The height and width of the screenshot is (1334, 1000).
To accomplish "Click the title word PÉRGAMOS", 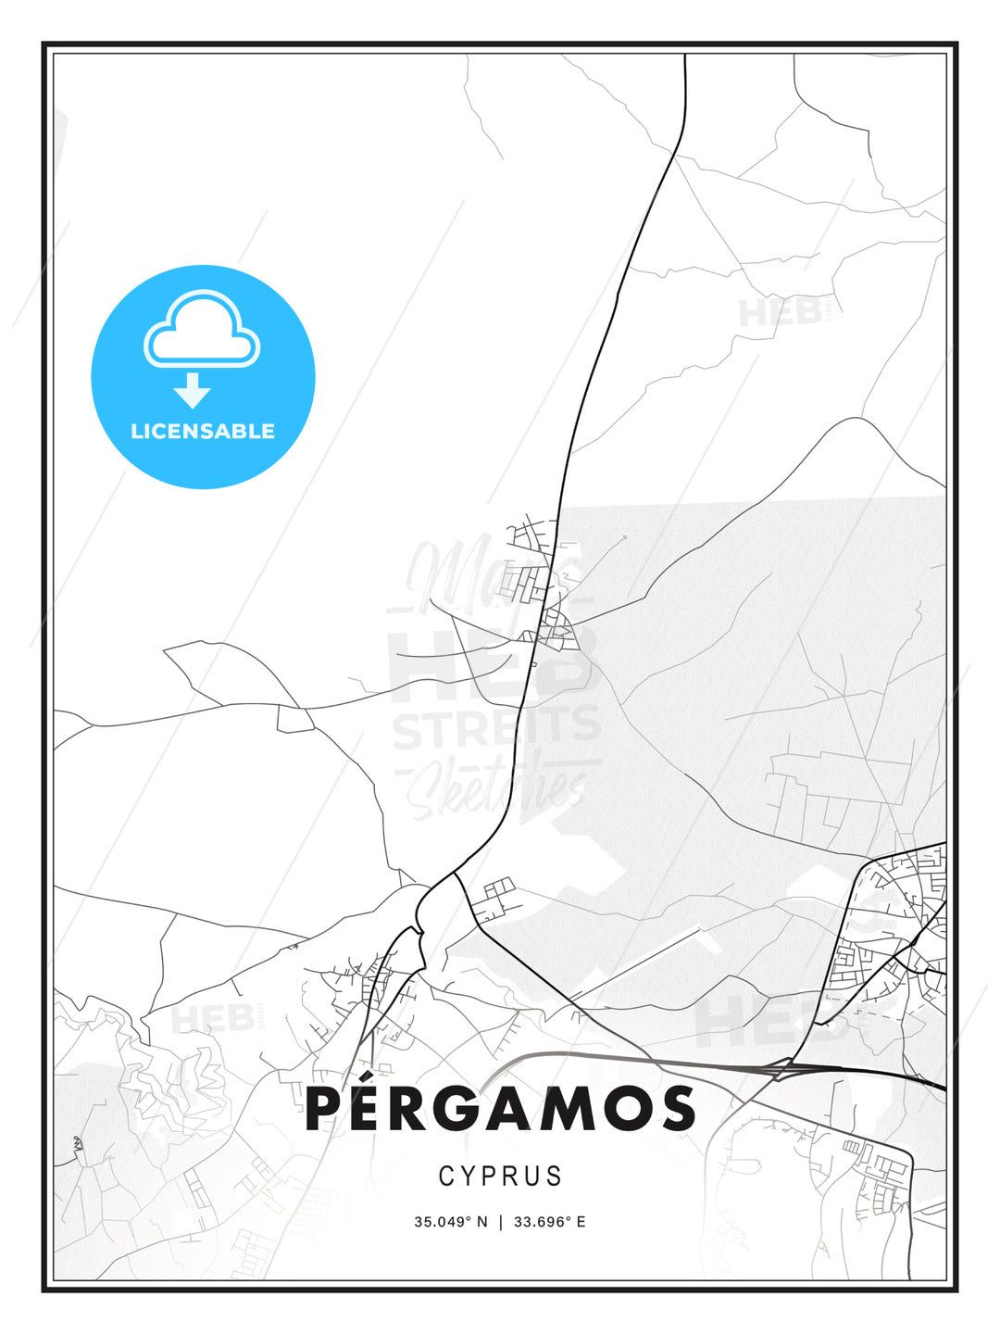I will coord(500,1109).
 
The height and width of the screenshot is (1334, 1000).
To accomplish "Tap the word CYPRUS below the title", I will coord(500,1177).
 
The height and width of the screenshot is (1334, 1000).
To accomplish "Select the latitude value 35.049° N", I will coord(450,1222).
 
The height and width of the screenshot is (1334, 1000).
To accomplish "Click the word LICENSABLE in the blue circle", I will coord(203,431).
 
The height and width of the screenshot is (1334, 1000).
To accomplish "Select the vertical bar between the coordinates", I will coord(500,1222).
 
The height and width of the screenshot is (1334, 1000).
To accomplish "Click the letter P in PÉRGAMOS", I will coord(325,1110).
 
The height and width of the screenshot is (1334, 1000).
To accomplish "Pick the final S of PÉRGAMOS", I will coord(678,1110).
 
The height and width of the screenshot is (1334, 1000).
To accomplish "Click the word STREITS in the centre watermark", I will coord(496,728).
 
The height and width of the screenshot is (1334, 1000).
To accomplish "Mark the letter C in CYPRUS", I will coord(445,1177).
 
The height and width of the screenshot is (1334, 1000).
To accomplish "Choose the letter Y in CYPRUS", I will coord(468,1177).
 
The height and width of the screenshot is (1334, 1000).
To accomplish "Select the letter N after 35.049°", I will coord(481,1222).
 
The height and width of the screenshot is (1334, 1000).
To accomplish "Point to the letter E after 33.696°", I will coord(581,1222).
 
